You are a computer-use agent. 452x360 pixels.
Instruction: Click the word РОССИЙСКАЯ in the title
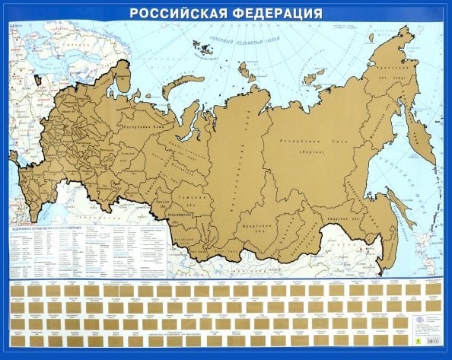click(x=178, y=13)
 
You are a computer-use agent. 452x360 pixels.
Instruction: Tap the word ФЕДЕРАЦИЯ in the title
click(x=273, y=13)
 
